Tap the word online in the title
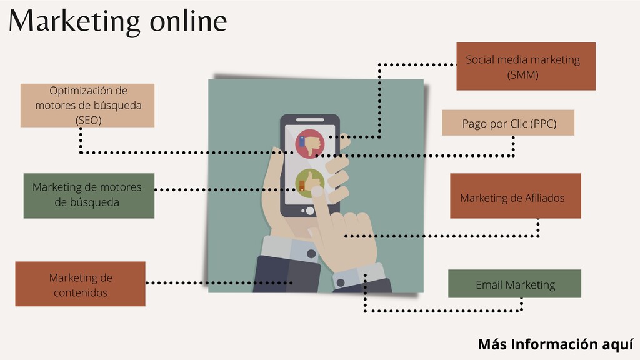click(188, 21)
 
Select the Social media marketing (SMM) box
click(526, 66)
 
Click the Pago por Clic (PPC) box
click(507, 123)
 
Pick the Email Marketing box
click(514, 284)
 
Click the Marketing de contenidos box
click(80, 284)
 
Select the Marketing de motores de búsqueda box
click(89, 196)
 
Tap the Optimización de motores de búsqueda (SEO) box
click(87, 105)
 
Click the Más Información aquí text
click(556, 344)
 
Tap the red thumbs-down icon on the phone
click(309, 144)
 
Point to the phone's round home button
click(309, 211)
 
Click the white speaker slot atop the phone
click(309, 119)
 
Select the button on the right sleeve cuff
click(341, 282)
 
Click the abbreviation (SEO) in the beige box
click(88, 119)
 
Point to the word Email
click(489, 285)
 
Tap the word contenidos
click(81, 292)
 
